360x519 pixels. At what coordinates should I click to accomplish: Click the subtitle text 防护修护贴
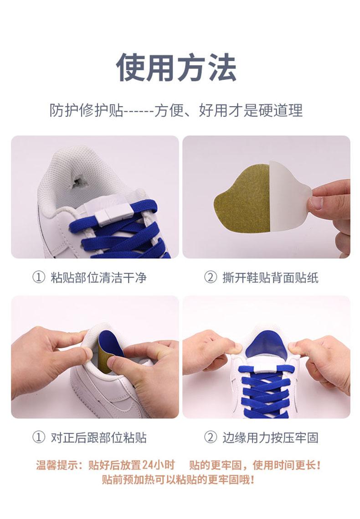[86, 110]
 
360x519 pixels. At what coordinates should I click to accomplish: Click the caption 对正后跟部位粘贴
[98, 438]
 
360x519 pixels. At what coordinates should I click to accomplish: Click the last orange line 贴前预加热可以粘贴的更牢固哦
[178, 480]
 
